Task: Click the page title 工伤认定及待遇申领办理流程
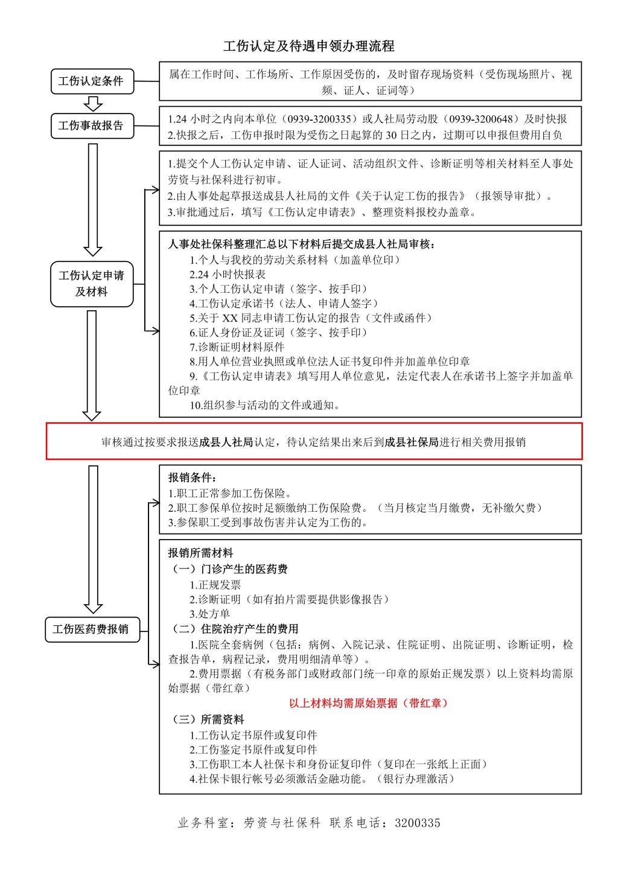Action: point(308,46)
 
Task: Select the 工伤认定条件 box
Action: point(91,81)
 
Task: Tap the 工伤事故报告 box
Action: point(91,126)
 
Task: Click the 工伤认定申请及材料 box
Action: point(91,284)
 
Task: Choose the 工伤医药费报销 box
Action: point(91,629)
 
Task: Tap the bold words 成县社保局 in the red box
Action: point(411,442)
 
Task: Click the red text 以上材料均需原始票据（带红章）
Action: point(368,703)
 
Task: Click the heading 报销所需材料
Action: point(200,553)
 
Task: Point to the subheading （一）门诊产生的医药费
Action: point(230,569)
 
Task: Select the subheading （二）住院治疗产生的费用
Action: point(235,629)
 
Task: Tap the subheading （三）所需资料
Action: point(208,719)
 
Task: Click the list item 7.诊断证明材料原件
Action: point(237,347)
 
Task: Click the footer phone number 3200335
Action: point(418,823)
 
